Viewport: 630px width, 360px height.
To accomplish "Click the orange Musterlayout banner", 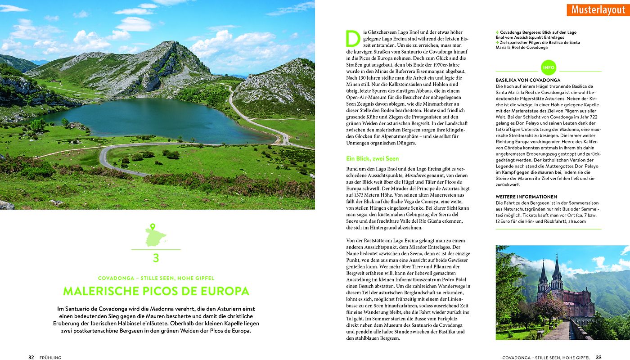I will click(598, 9).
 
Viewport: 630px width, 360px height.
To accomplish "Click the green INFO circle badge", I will click(549, 67).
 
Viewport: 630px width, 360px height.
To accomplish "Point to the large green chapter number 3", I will click(156, 258).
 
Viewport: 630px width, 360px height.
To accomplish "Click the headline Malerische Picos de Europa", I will click(156, 291).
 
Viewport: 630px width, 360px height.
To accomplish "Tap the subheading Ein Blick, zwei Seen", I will click(372, 158).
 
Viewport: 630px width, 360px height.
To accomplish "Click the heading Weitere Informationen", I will click(526, 197).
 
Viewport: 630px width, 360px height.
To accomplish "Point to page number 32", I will click(31, 357).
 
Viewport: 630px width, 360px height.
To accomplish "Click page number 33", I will click(598, 357).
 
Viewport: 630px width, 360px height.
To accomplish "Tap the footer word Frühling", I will click(50, 358).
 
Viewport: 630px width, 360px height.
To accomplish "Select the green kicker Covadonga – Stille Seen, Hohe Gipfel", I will click(156, 278).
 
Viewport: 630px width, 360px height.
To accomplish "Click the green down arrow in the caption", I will click(498, 42).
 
